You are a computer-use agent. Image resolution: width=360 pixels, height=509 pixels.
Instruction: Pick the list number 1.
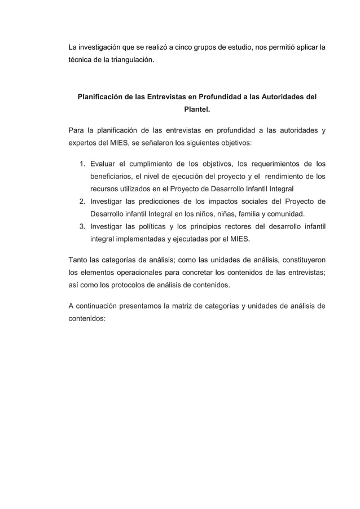pyautogui.click(x=82, y=164)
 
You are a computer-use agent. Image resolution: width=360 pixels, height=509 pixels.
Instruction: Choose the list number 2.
pyautogui.click(x=82, y=201)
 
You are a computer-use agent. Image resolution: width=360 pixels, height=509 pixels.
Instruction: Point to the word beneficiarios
pyautogui.click(x=113, y=176)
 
